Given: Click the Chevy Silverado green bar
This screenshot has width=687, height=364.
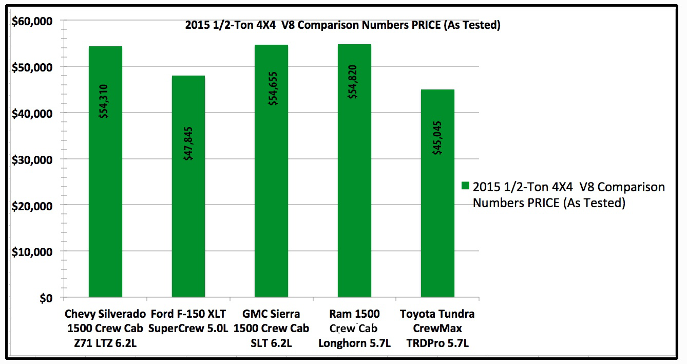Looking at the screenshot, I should click(105, 206).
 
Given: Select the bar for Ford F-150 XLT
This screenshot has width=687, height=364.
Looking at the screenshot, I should click(188, 216).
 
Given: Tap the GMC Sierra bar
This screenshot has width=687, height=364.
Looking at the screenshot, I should click(272, 206).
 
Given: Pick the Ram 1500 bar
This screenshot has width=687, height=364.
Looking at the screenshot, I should click(355, 206).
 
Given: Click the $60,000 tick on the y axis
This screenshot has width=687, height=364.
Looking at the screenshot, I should click(32, 21).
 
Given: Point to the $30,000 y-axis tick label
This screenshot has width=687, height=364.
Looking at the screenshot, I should click(32, 159).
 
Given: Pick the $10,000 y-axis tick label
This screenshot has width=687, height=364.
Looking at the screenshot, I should click(32, 252).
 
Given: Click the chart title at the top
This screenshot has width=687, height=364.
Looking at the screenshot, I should click(342, 25).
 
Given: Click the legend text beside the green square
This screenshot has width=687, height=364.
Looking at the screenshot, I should click(568, 195).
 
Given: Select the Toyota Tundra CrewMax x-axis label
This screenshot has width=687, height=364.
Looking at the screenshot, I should click(437, 329).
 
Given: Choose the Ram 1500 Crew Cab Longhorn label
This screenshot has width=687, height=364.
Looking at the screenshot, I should click(355, 329).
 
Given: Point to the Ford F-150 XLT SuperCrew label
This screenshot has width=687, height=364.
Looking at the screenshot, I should click(188, 321).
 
